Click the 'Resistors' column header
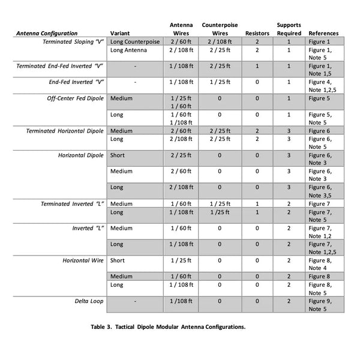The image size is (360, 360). [x=257, y=33]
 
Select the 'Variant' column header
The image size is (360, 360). [x=121, y=33]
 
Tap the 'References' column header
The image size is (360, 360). [x=323, y=33]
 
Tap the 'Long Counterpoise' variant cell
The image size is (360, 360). [x=134, y=42]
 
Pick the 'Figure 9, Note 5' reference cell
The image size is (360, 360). [x=319, y=304]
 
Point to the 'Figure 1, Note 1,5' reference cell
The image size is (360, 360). [x=320, y=70]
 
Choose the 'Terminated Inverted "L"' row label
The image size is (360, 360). [x=73, y=204]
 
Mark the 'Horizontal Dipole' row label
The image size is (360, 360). [x=81, y=155]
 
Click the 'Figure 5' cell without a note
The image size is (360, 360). [x=319, y=98]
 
